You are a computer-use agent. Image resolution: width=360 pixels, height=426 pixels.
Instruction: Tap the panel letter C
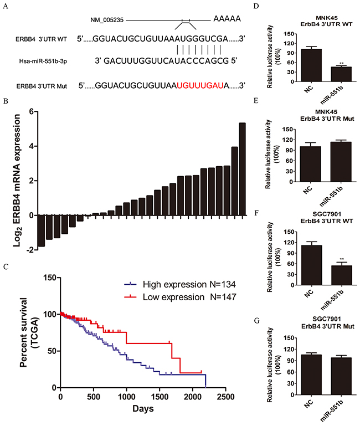point(5,267)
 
